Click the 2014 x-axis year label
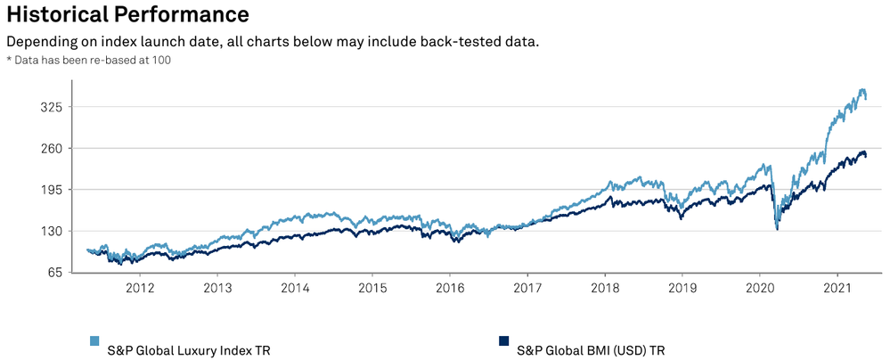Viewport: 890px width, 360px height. [295, 289]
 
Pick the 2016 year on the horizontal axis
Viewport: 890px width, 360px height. [450, 289]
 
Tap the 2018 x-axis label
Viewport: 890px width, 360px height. [605, 289]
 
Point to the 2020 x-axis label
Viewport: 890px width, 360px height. [760, 289]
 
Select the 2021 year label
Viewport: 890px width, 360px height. [837, 289]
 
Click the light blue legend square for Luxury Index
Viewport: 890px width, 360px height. [94, 340]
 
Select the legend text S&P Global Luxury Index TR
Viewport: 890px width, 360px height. [188, 349]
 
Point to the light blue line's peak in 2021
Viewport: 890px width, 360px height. [861, 89]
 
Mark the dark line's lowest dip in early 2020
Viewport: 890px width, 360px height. [778, 230]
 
